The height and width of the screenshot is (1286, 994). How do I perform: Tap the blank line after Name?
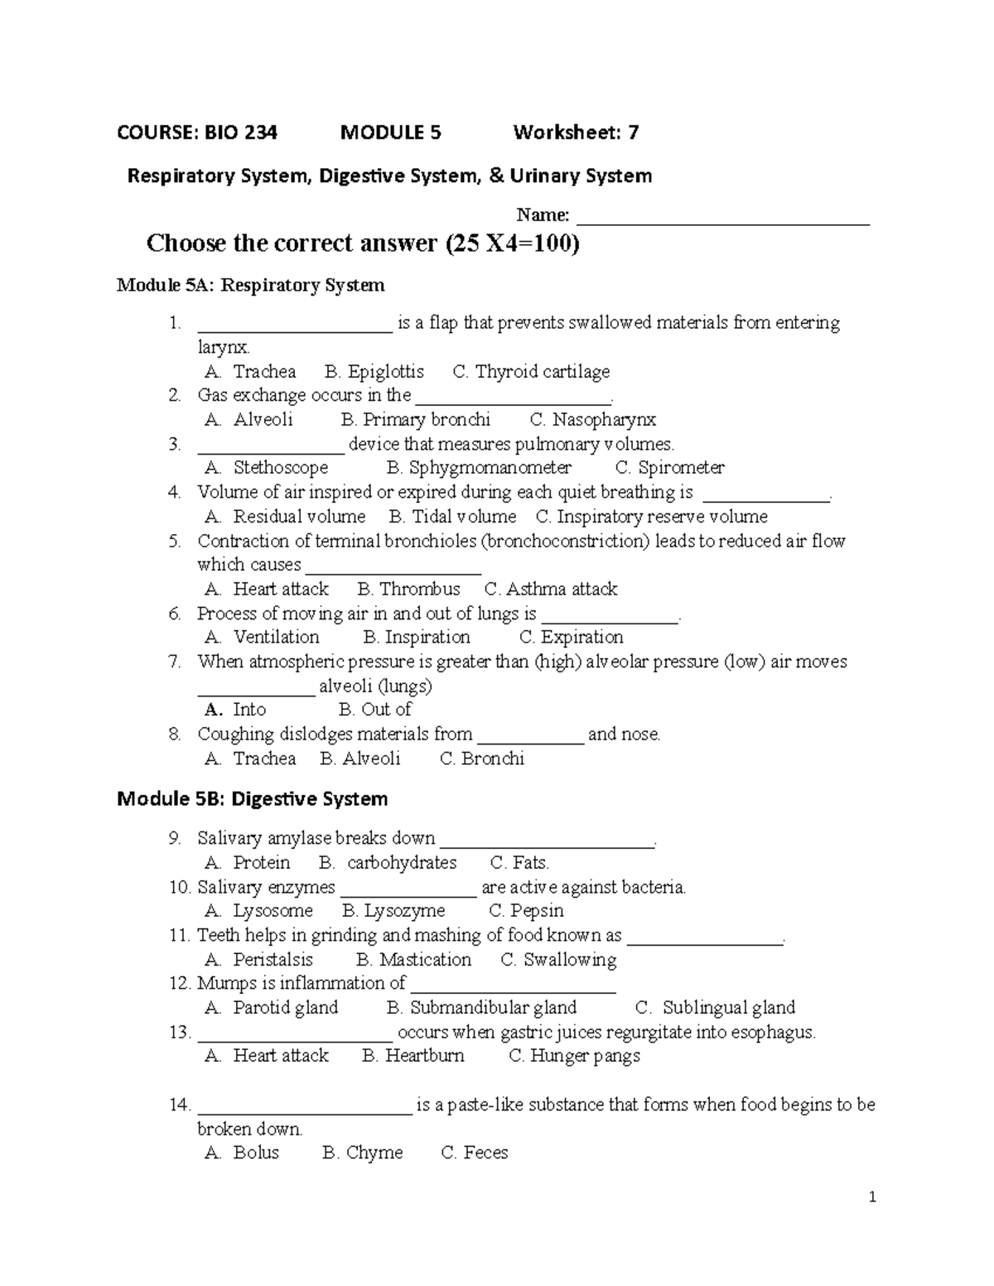pos(722,217)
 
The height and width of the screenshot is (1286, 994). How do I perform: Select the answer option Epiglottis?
pos(385,372)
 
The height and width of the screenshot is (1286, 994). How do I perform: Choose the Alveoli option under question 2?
pos(263,420)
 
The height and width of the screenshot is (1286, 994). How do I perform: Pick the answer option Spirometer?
pos(681,468)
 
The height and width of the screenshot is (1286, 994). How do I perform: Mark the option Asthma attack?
pos(562,589)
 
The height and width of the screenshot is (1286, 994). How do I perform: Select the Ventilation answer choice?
pos(276,637)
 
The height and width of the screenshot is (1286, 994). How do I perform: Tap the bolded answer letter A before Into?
pos(213,710)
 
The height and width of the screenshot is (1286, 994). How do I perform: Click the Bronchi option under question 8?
pos(492,759)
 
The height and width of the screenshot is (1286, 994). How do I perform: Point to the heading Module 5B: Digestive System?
pos(252,799)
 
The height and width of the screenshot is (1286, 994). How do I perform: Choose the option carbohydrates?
pos(402,863)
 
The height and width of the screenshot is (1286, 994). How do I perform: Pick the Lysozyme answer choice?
pos(404,911)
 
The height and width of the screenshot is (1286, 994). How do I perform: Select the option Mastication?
pos(425,960)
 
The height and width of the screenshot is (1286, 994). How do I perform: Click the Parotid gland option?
pos(285,1008)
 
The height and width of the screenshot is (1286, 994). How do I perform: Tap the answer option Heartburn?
pos(424,1056)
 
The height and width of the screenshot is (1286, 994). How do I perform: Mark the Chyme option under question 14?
pos(374,1153)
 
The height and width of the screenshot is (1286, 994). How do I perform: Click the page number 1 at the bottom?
pos(872,1197)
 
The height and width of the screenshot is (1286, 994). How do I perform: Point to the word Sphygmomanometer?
pos(490,468)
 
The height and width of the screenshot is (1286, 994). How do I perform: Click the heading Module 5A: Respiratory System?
pos(251,286)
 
